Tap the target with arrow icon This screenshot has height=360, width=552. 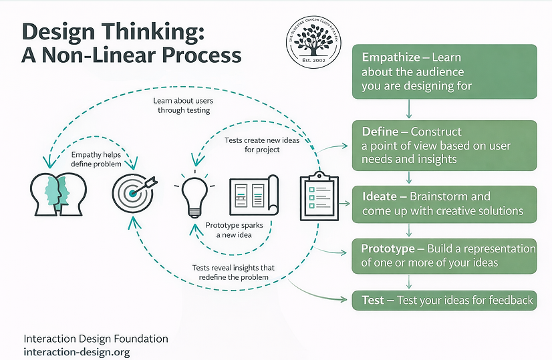point(134,192)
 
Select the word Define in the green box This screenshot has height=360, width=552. point(380,132)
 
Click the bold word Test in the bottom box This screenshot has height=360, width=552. point(373,301)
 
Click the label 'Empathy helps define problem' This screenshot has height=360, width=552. point(96,159)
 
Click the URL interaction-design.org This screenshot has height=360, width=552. point(76,351)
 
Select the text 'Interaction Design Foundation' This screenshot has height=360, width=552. point(96,339)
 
